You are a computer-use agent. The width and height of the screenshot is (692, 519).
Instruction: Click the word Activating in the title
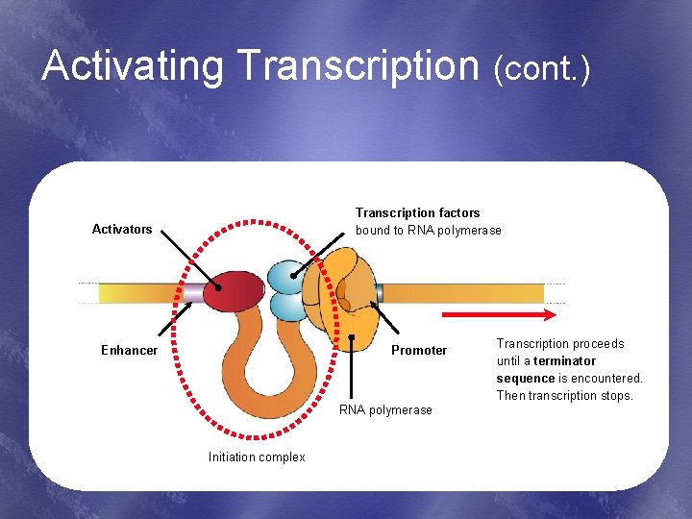pos(133,66)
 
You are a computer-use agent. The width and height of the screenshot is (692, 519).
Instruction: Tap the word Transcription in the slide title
pos(357,66)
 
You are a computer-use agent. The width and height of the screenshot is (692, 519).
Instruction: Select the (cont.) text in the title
pos(541,68)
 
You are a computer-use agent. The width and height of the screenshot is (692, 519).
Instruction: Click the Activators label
pos(122,229)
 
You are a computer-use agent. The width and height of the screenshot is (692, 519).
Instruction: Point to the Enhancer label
pos(129,350)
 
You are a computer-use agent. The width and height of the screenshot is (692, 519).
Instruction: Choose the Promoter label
pos(419,350)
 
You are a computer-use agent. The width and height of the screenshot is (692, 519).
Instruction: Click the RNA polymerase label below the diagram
pos(387,410)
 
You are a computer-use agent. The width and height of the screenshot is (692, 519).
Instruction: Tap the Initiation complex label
pos(257,457)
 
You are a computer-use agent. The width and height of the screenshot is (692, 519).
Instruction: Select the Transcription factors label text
pos(418,212)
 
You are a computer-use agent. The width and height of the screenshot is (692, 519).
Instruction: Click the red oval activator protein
pos(233,290)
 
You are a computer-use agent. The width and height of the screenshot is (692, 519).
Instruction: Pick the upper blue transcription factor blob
pos(286,278)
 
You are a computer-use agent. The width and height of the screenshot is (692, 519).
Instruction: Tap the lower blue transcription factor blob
pos(287,307)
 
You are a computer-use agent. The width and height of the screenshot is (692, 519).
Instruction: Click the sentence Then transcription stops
pos(565,396)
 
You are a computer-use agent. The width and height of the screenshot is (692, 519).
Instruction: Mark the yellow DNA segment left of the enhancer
pos(139,292)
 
